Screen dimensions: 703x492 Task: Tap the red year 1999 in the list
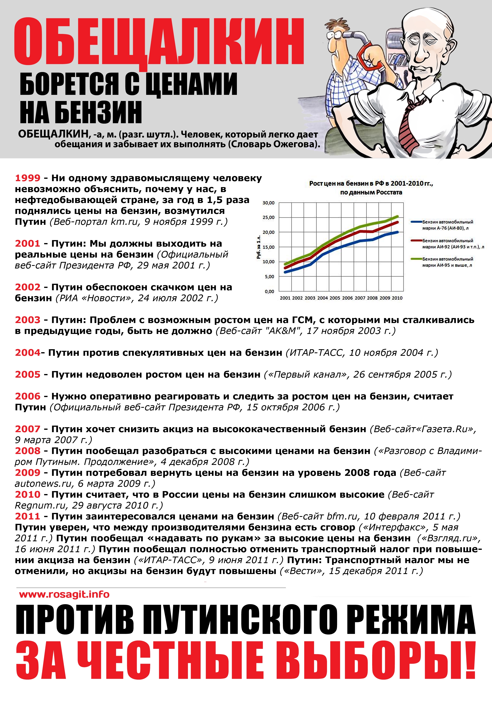point(28,178)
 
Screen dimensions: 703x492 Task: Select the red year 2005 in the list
point(28,374)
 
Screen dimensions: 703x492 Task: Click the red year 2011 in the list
point(28,516)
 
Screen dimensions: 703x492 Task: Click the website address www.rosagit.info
point(64,594)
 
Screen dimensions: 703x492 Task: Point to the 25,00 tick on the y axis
point(268,217)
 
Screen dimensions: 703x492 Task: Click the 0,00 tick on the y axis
point(269,291)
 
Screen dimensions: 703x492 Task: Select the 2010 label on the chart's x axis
point(397,298)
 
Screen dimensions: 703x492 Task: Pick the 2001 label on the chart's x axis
point(285,298)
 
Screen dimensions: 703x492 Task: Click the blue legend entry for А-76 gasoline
point(447,225)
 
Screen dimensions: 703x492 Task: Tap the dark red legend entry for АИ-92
point(450,243)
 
